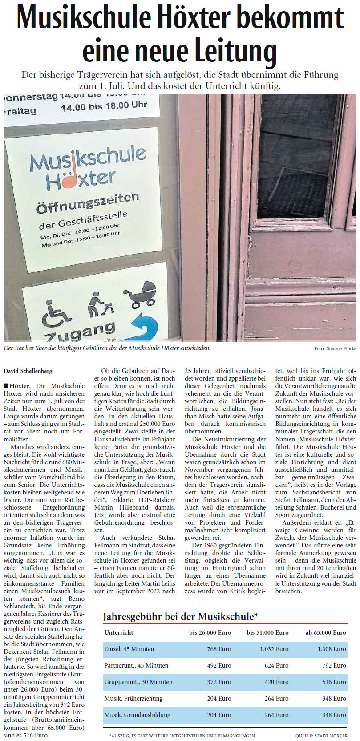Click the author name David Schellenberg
(x=28, y=371)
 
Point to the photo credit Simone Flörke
(x=335, y=348)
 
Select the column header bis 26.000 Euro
(x=210, y=632)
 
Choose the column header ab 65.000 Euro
(x=325, y=632)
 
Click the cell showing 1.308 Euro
(x=332, y=649)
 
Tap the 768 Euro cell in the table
(x=219, y=649)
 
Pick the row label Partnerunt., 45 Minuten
(x=136, y=665)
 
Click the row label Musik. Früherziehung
(x=133, y=698)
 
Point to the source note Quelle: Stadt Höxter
(x=321, y=736)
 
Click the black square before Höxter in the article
(x=6, y=386)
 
